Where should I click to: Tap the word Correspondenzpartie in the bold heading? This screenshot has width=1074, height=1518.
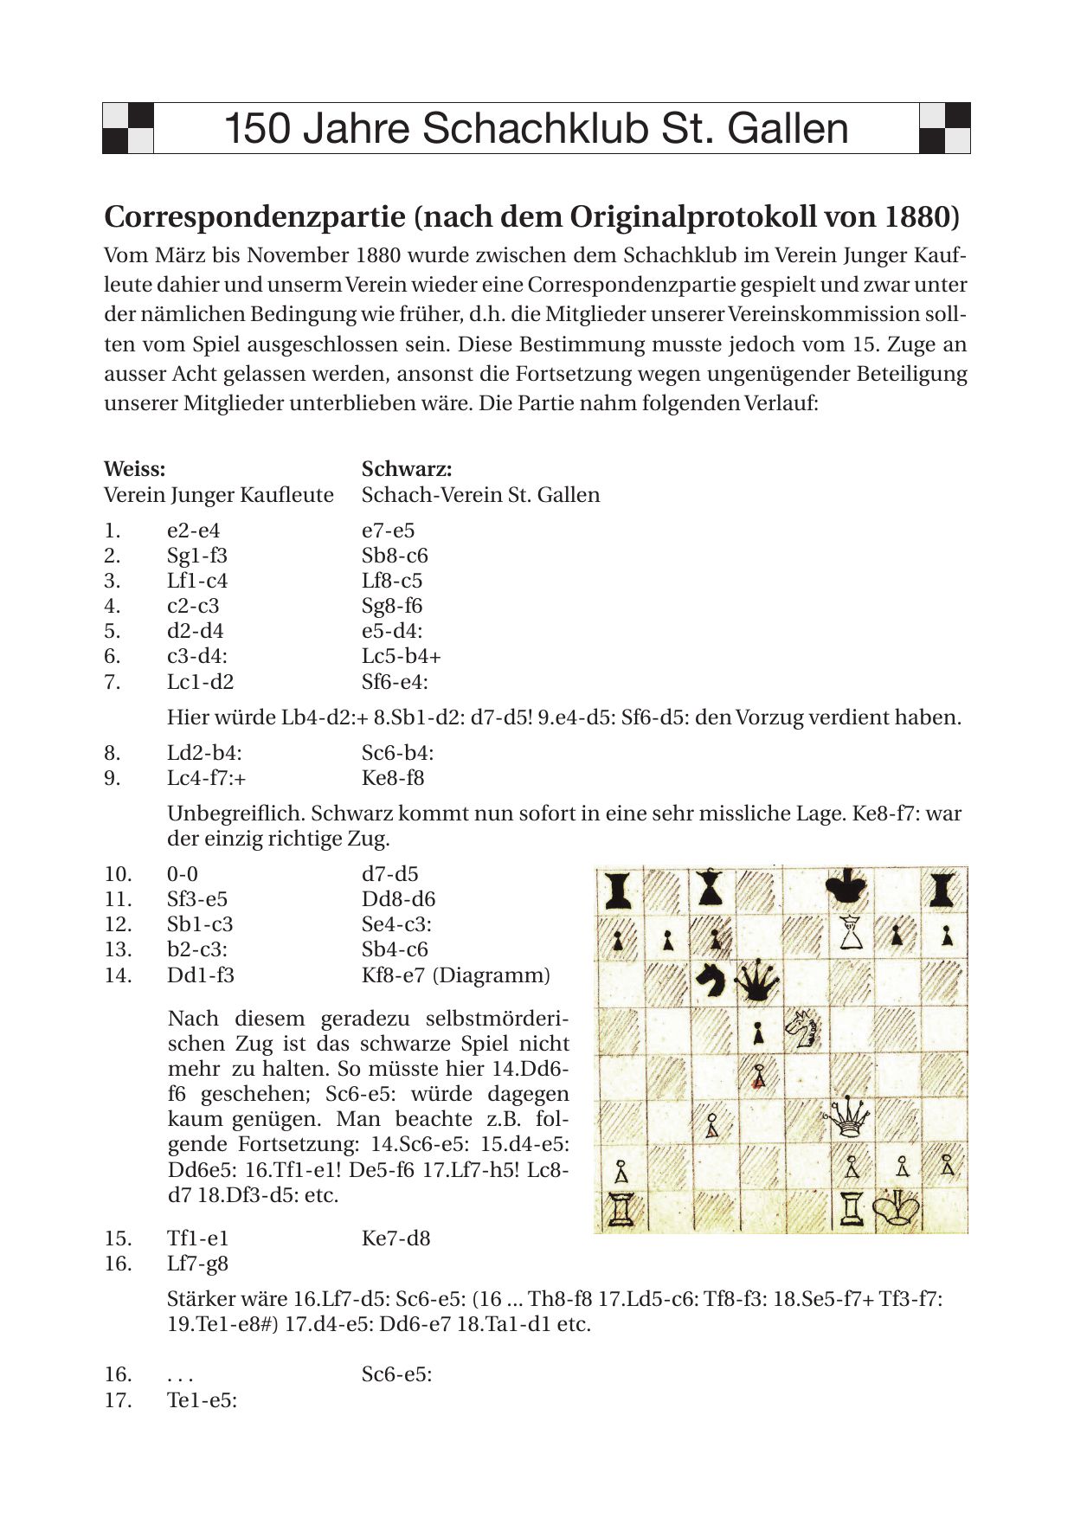[x=254, y=216]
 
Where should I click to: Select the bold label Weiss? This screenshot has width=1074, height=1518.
[x=134, y=469]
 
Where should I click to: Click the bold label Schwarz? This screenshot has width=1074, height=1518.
[x=407, y=469]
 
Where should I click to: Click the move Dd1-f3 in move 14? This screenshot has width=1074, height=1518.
[x=200, y=975]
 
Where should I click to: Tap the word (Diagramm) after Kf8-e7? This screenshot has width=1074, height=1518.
[x=491, y=975]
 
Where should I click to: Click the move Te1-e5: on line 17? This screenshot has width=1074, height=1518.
[x=202, y=1399]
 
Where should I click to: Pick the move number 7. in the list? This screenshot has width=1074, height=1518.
[x=113, y=682]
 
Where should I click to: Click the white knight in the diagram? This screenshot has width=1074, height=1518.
[x=803, y=1027]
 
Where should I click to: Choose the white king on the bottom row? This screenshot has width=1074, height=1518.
[x=898, y=1208]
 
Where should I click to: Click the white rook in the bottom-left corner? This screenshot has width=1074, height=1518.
[x=621, y=1208]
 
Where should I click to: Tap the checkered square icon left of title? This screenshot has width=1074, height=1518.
[x=128, y=128]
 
